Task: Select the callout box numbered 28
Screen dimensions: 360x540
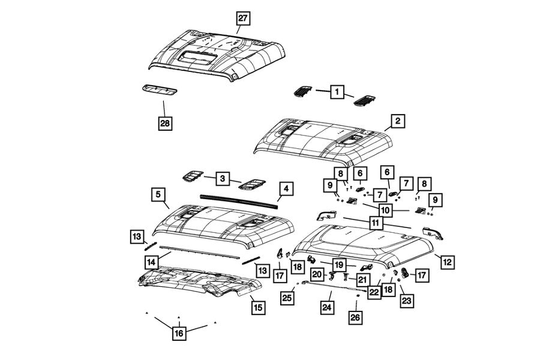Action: pos(164,124)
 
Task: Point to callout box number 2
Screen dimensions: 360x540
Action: pos(397,121)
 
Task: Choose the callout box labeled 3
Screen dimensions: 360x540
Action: pos(222,178)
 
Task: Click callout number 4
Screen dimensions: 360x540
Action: pos(286,189)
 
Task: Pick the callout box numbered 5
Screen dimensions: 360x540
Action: pos(158,194)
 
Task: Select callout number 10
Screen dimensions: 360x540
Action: pos(385,211)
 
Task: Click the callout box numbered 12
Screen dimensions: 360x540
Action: pos(447,261)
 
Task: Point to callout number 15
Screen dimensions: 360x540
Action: pos(257,307)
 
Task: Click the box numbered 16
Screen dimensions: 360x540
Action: pos(178,334)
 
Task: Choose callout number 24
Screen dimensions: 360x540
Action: pos(326,308)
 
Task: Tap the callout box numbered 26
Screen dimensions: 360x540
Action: pos(355,317)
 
